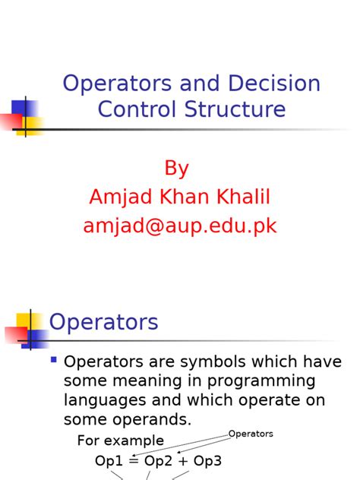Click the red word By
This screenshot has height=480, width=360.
(176, 168)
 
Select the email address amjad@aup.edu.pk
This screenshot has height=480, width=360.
(180, 226)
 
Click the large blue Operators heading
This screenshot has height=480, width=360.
(104, 322)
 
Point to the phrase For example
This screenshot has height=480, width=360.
(121, 441)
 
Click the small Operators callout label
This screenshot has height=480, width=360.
(251, 434)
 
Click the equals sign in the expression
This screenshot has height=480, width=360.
(133, 462)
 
